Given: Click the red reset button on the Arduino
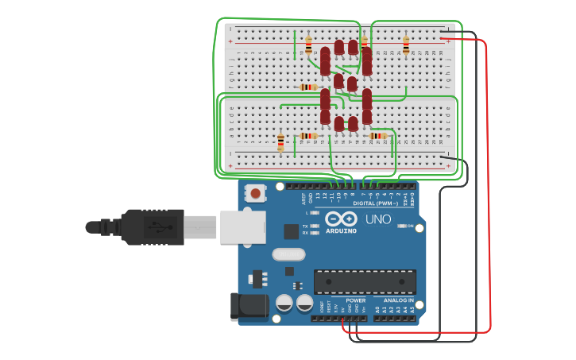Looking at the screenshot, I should click(255, 192).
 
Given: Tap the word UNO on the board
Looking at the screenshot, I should click(377, 219).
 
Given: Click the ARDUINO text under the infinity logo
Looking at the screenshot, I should click(341, 231).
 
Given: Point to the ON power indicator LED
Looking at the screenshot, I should click(401, 226).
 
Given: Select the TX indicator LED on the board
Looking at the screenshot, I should click(315, 226).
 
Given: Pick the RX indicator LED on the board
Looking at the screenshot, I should click(315, 233).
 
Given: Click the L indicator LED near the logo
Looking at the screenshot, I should click(315, 213).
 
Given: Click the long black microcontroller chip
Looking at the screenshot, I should click(365, 281).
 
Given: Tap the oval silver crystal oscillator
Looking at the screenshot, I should click(288, 254).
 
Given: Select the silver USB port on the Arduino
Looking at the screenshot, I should click(242, 226).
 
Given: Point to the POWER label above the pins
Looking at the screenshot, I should click(355, 300).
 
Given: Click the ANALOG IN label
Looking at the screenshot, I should click(399, 300).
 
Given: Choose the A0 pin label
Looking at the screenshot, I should click(377, 309).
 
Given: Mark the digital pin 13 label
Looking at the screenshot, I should click(317, 195).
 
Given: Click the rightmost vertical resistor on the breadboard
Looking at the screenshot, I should click(406, 45).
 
